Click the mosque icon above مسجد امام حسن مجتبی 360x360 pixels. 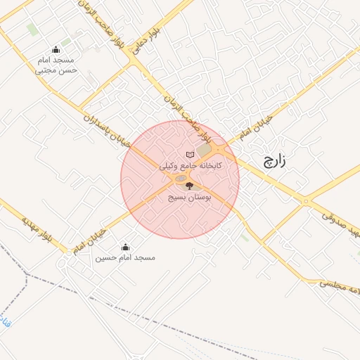pyautogui.click(x=56, y=49)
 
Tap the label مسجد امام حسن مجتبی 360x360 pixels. pyautogui.click(x=56, y=65)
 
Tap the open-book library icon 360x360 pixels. pyautogui.click(x=189, y=154)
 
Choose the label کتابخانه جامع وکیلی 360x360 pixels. pyautogui.click(x=191, y=166)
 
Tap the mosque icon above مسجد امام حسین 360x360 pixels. pyautogui.click(x=125, y=247)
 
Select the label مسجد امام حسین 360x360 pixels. pyautogui.click(x=125, y=258)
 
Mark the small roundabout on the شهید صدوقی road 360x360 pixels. pyautogui.click(x=305, y=202)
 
